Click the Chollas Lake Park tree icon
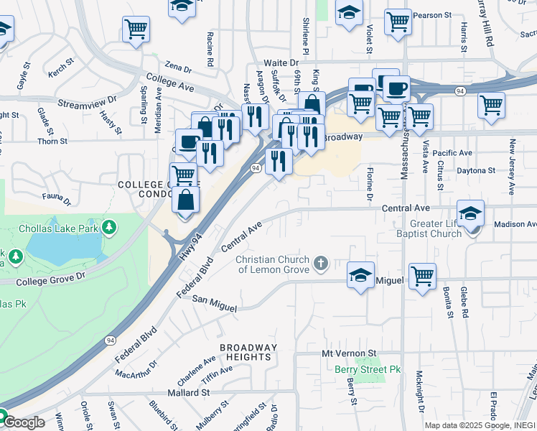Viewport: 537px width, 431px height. point(108,228)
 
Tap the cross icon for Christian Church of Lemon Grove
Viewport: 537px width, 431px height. point(321,264)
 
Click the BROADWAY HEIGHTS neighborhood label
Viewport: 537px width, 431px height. point(248,353)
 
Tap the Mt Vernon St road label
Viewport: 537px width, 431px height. point(349,354)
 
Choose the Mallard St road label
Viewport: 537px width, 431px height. point(188,393)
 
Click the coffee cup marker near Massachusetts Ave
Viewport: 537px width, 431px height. point(396,88)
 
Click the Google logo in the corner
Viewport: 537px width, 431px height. point(23,422)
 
